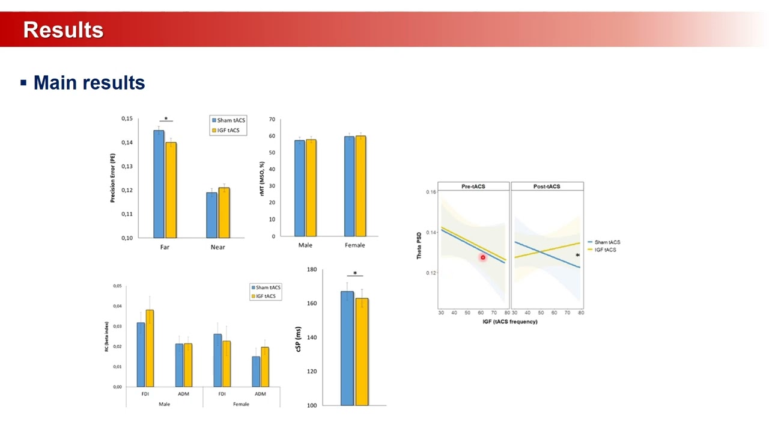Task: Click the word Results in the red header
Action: click(63, 29)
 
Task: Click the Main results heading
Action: click(89, 82)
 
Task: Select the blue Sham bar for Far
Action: click(159, 183)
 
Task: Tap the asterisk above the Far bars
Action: click(166, 119)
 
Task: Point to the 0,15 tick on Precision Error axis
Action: click(126, 118)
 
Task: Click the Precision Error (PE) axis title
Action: click(112, 178)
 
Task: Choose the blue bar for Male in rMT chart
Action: click(299, 188)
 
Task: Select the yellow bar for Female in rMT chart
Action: click(360, 186)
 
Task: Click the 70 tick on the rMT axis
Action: click(272, 120)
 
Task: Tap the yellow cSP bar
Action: click(362, 351)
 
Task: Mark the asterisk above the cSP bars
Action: click(354, 274)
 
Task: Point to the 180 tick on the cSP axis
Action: click(311, 269)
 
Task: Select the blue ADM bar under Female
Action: click(256, 371)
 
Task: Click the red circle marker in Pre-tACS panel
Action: click(482, 257)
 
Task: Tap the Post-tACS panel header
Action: click(547, 186)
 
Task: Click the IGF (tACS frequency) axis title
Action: click(511, 322)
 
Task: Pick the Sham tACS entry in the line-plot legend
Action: click(607, 242)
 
